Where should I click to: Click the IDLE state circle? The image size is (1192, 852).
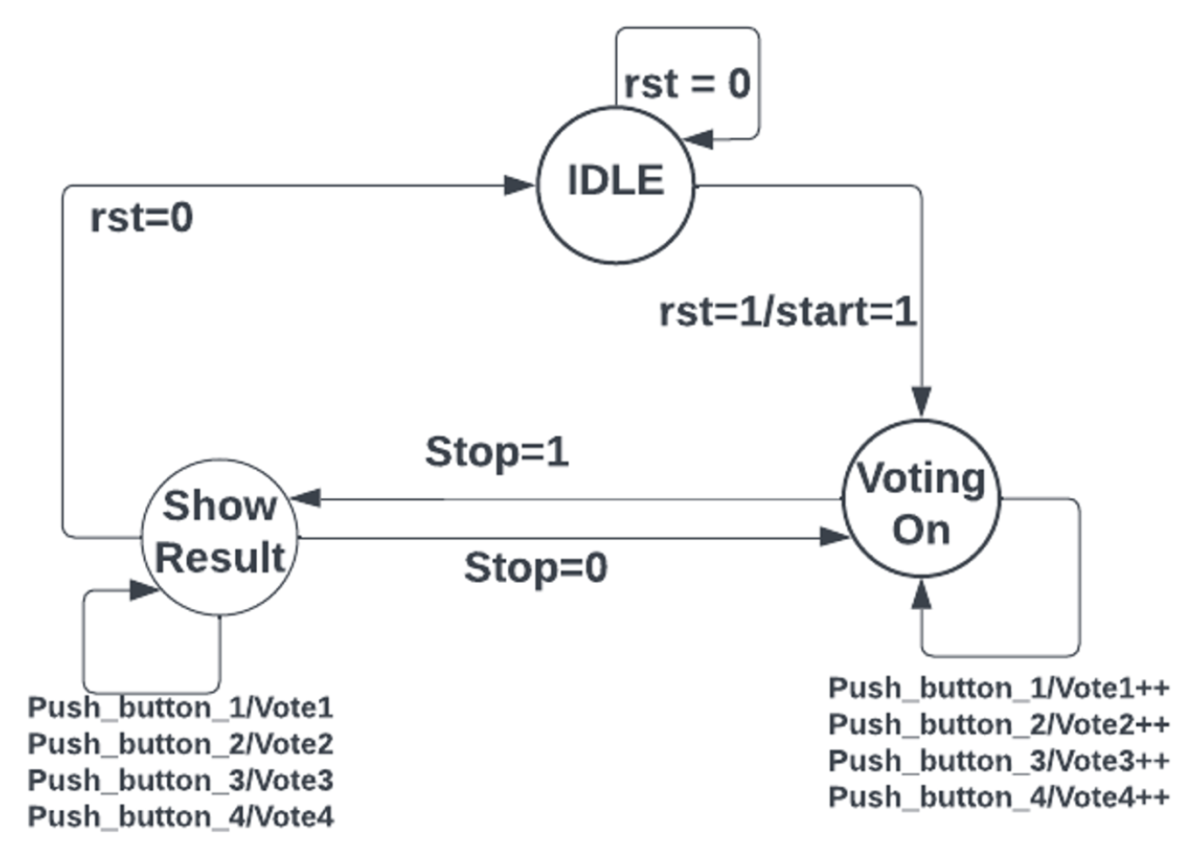click(x=615, y=184)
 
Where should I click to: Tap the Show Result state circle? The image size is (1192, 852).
click(x=219, y=536)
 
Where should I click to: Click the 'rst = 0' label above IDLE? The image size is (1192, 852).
click(x=687, y=84)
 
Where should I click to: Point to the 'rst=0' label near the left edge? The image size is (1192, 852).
click(x=142, y=218)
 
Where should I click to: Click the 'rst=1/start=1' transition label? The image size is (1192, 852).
click(x=787, y=312)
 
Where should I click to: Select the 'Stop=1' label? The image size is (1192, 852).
click(x=496, y=452)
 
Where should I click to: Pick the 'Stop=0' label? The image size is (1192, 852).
click(x=535, y=568)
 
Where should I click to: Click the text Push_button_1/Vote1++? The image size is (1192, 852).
click(x=998, y=688)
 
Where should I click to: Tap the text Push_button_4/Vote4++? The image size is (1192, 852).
click(x=998, y=797)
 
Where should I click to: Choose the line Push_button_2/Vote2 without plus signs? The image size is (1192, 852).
click(x=180, y=744)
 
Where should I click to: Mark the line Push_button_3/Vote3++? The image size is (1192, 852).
click(x=998, y=760)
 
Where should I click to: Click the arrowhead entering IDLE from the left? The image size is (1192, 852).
click(x=519, y=185)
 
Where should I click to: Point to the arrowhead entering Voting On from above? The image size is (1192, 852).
click(x=921, y=401)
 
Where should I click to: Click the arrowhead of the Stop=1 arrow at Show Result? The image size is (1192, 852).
click(x=306, y=498)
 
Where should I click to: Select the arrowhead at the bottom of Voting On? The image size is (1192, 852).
click(x=921, y=595)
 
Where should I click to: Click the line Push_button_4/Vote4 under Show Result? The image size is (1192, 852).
click(x=180, y=816)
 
